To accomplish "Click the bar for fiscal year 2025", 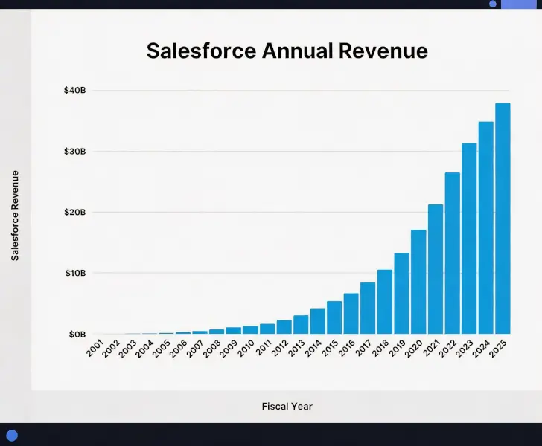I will (503, 219).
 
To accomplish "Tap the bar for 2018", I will (385, 302).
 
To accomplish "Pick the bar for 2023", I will (469, 239).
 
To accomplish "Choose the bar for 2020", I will (418, 282).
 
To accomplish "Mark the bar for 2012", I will (284, 327).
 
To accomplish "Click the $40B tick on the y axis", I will (75, 91).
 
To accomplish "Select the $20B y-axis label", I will (75, 213).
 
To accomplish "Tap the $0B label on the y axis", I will (77, 334).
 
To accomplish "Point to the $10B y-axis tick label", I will (75, 274).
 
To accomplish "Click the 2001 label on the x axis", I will (95, 349).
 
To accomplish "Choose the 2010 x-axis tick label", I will (246, 349).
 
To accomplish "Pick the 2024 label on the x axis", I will (482, 349).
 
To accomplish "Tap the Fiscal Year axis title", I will (287, 407).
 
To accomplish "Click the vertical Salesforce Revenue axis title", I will (15, 216).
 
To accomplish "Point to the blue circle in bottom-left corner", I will (11, 436).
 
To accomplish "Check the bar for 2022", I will (452, 253).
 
